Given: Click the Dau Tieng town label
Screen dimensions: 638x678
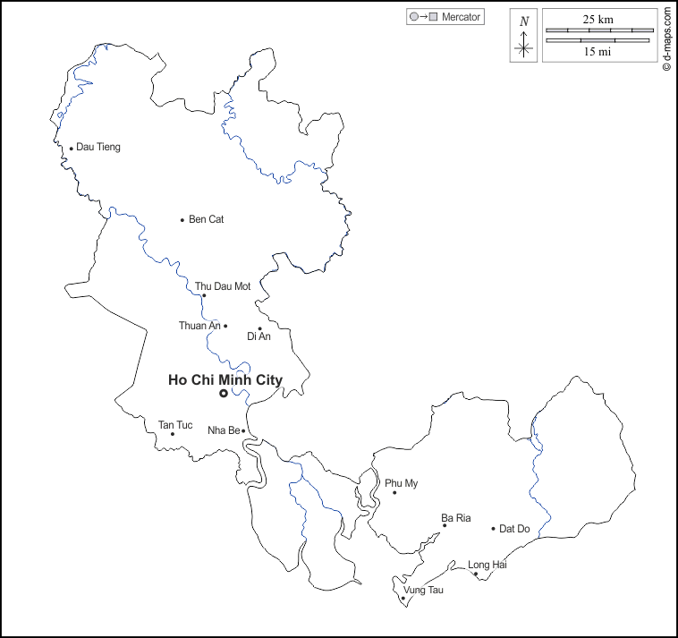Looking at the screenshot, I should (98, 147).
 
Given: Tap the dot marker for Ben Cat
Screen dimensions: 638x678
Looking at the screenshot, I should (182, 219).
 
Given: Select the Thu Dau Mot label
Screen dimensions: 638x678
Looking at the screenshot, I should (223, 286).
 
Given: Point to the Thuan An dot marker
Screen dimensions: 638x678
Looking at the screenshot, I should (225, 326).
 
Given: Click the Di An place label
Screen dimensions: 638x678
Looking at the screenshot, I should (258, 336).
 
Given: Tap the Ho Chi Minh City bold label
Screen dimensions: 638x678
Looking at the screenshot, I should (225, 380).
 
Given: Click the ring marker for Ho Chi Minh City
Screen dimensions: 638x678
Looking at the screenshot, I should (224, 393).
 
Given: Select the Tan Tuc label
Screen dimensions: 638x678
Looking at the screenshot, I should (175, 424).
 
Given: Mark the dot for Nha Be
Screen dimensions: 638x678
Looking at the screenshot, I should (243, 430).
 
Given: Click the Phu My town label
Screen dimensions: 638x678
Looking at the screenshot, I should (402, 483).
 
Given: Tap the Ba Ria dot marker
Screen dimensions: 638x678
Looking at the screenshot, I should (445, 525).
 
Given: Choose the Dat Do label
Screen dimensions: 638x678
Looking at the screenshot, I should (514, 529).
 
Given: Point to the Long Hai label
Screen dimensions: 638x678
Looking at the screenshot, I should (487, 565).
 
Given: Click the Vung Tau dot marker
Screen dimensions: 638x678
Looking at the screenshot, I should (403, 598).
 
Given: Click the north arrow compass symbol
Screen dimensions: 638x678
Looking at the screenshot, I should (524, 37).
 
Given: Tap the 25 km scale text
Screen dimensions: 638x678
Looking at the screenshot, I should (598, 19).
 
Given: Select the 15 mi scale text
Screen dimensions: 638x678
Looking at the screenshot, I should (598, 52).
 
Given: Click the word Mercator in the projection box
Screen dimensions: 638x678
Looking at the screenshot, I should (462, 17).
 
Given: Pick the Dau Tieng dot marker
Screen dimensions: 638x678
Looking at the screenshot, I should (72, 149).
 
